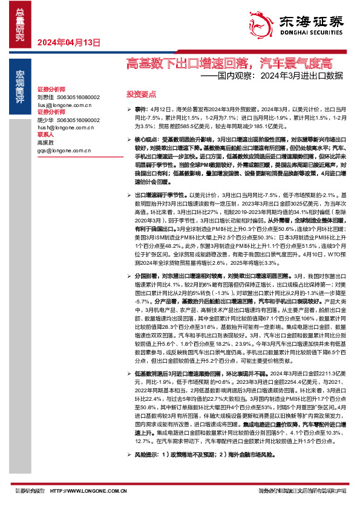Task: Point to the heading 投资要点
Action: [141, 94]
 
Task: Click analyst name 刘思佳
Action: [45, 97]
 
